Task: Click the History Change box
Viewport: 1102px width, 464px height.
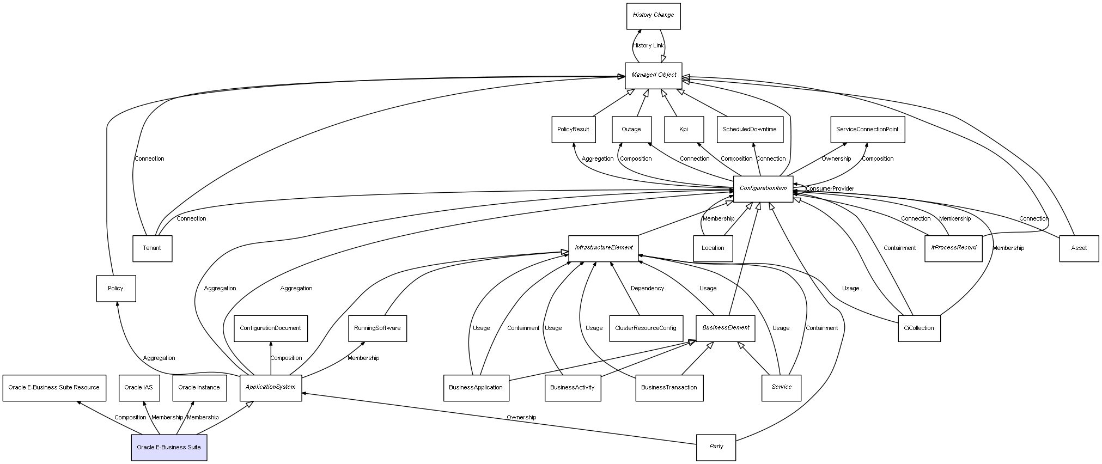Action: [x=653, y=16]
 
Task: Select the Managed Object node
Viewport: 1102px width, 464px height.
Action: [x=653, y=75]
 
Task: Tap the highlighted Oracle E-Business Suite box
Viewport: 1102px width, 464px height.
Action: [x=169, y=448]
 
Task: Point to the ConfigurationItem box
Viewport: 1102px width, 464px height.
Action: [x=763, y=188]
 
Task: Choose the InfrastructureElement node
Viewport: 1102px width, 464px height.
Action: [x=603, y=248]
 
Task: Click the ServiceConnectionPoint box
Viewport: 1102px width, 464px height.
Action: [x=867, y=130]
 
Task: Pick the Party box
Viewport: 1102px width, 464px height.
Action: [x=716, y=447]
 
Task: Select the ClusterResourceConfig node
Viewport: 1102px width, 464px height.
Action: [x=646, y=328]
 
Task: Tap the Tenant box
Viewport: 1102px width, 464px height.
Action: [x=152, y=248]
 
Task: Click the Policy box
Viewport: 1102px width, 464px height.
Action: [x=115, y=289]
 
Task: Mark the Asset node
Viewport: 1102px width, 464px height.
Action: [x=1079, y=248]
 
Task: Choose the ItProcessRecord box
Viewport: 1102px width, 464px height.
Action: [x=953, y=248]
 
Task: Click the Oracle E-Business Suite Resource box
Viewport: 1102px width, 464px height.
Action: [x=54, y=388]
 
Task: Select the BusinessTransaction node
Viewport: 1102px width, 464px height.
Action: [x=669, y=388]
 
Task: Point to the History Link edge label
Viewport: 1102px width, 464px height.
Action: [x=648, y=46]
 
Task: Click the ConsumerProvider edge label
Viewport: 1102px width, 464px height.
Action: [x=830, y=189]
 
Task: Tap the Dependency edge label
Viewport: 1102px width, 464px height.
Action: [x=647, y=289]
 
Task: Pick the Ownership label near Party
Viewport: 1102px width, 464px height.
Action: [x=521, y=418]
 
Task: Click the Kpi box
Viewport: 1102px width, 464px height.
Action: [x=683, y=130]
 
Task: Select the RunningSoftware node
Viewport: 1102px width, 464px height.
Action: [x=377, y=328]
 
